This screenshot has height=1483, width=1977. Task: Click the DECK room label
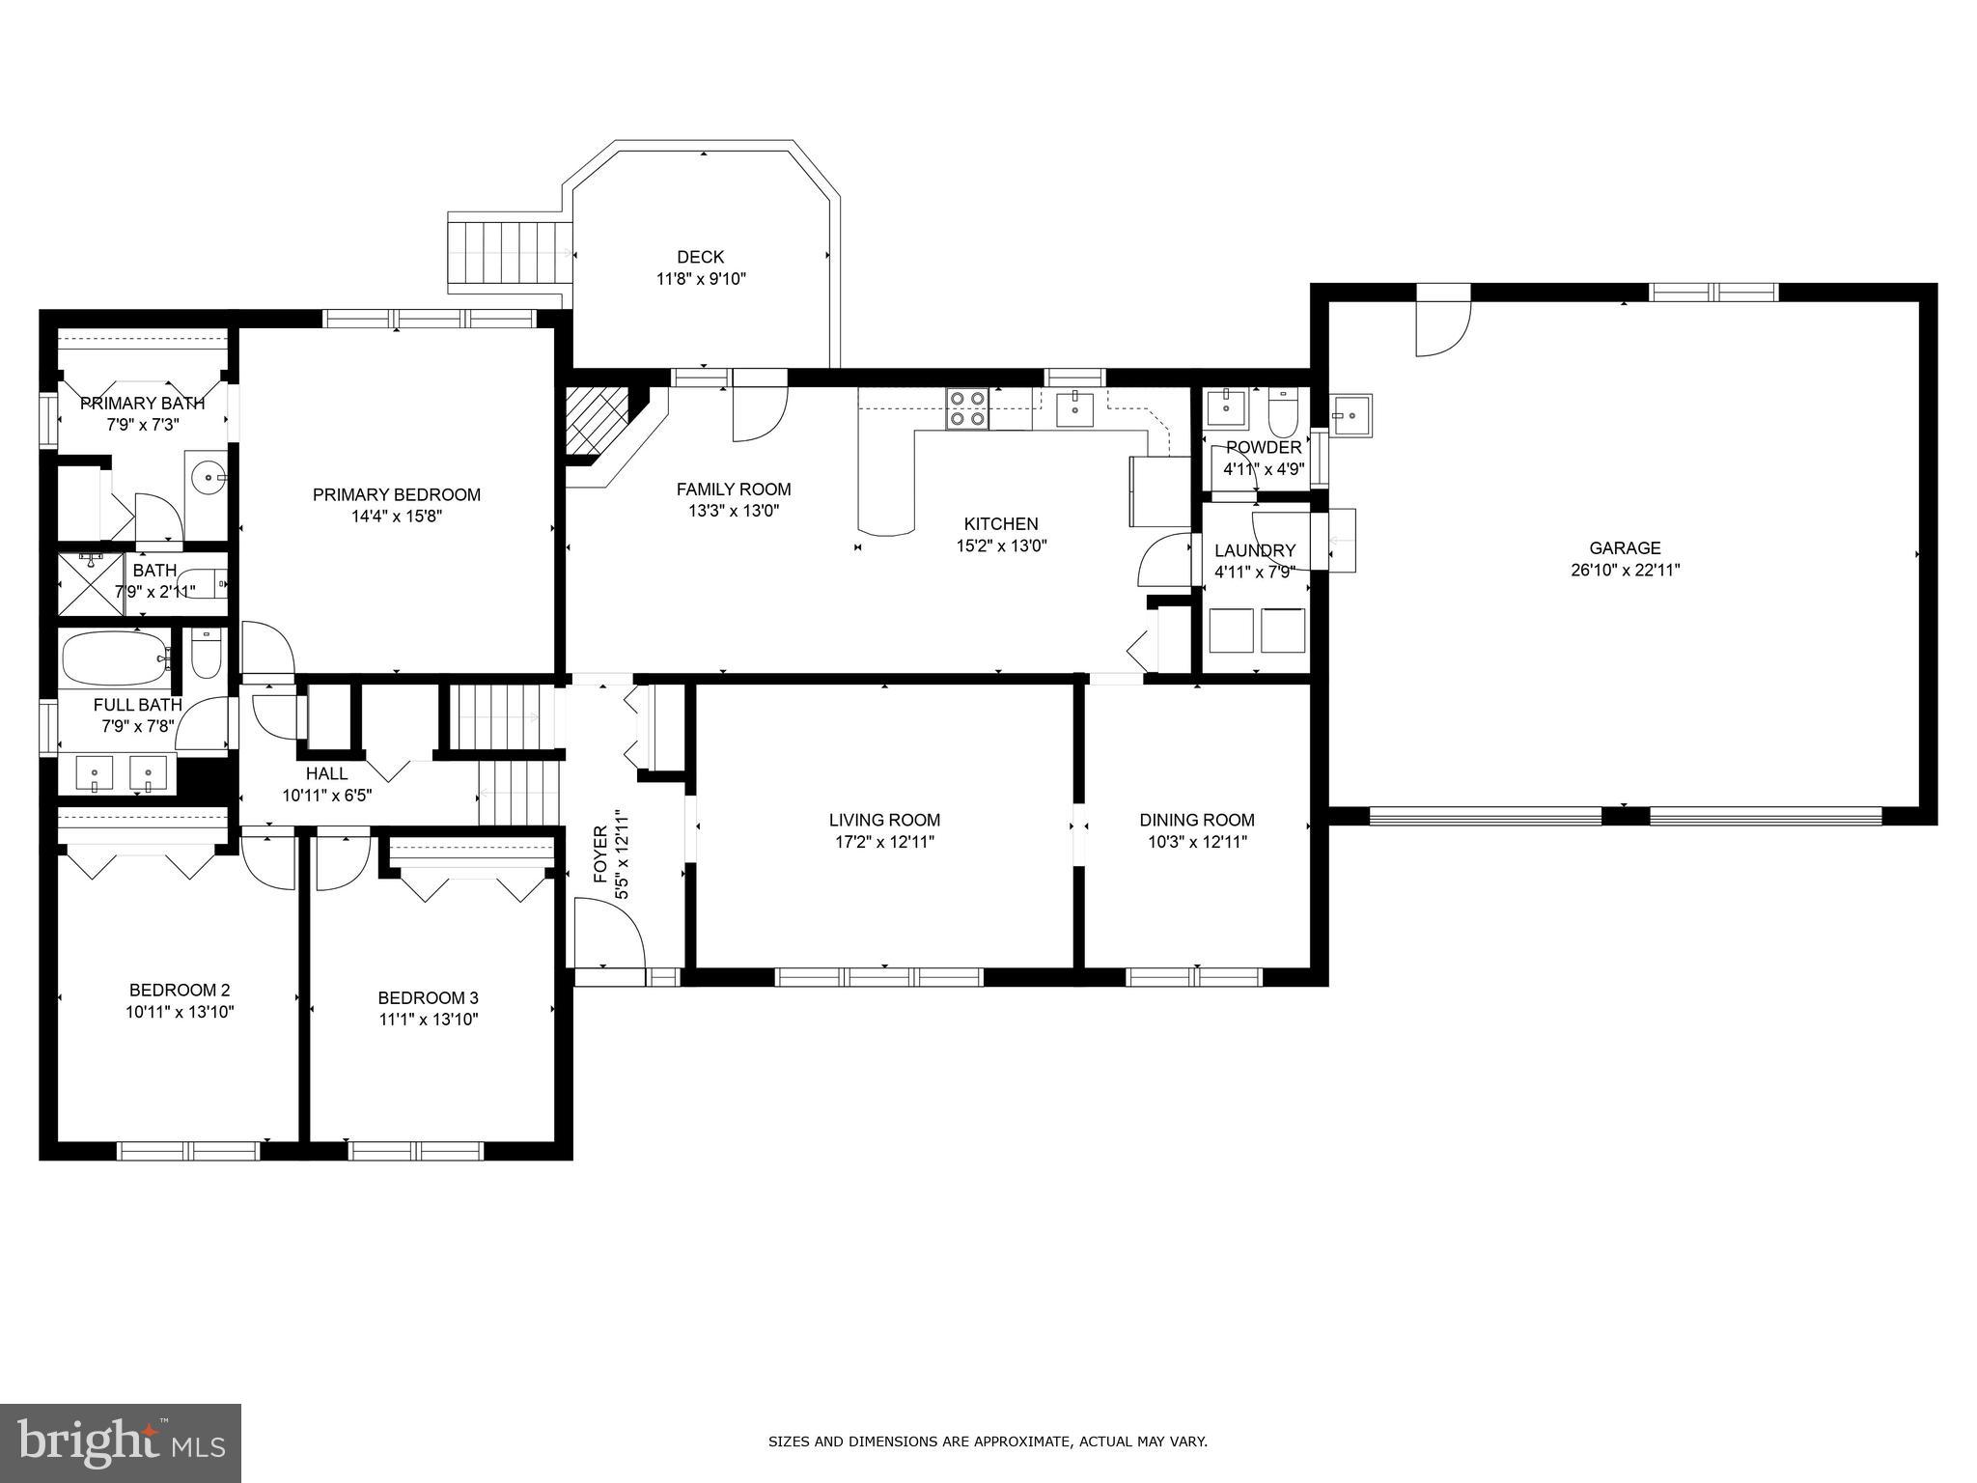coord(700,257)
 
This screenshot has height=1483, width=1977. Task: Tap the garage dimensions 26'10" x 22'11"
coord(1625,570)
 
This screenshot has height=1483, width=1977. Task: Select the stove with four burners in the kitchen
coord(967,407)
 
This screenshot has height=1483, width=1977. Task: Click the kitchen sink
coord(1073,409)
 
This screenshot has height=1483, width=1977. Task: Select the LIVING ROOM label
coord(884,820)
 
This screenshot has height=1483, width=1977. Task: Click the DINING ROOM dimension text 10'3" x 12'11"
coord(1197,842)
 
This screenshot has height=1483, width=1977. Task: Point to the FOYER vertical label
coord(601,855)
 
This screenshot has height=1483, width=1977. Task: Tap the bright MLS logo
coord(121,1442)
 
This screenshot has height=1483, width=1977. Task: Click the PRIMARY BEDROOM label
coord(396,494)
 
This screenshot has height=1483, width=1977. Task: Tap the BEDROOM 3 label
coord(428,997)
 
